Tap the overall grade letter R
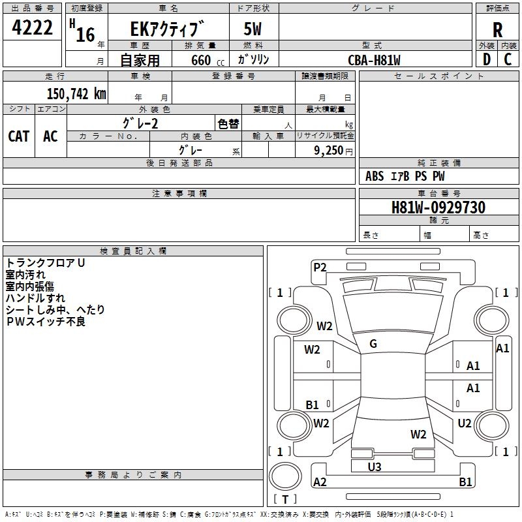pos(497,30)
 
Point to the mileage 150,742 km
pos(76,94)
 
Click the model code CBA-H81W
pos(374,60)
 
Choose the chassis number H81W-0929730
pos(438,207)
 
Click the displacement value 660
pos(201,60)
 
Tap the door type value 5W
pos(254,30)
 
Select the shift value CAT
pos(19,136)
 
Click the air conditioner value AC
pos(50,136)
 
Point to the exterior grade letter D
pos(486,59)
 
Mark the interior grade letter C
pos(508,59)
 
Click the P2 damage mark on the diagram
pos(320,267)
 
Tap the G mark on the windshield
pos(373,344)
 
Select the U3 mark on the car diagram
pos(375,467)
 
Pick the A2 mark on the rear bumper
pos(320,482)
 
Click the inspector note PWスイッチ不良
pos(46,322)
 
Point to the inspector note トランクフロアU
pos(46,263)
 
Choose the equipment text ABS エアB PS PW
pos(405,176)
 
